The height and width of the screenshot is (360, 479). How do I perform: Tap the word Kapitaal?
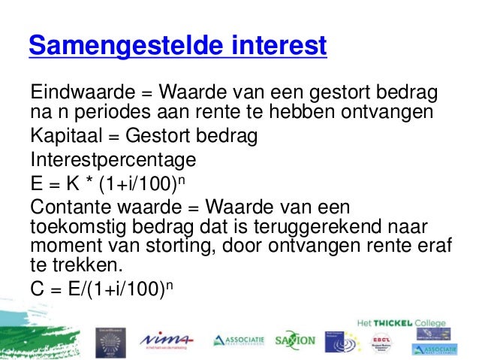pos(65,138)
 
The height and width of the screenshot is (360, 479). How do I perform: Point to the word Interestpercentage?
pos(113,161)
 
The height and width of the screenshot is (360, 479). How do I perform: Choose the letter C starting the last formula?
pos(37,290)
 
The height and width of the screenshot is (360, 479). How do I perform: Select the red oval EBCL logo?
pos(381,340)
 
